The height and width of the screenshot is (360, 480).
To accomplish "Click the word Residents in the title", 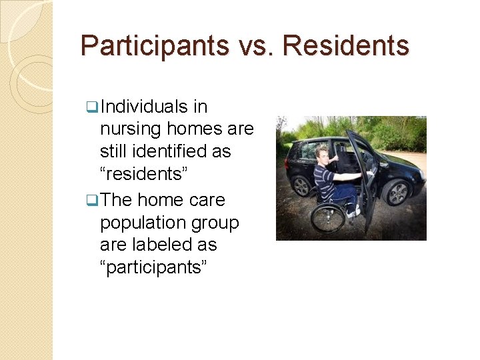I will coord(346,46).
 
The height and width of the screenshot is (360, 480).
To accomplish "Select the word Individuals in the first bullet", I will coord(143,107).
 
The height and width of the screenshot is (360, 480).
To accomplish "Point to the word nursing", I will coord(131,129).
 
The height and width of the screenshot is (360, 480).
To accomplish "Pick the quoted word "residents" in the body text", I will coord(145,174).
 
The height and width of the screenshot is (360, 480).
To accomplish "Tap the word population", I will coord(141,223).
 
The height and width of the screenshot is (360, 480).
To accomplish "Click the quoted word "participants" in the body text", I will coord(154,267).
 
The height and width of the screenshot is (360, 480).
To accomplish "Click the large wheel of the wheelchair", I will coord(328,217).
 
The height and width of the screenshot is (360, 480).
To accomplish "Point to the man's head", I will coord(323,153).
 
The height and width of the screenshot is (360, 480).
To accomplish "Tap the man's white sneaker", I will coord(351,213).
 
